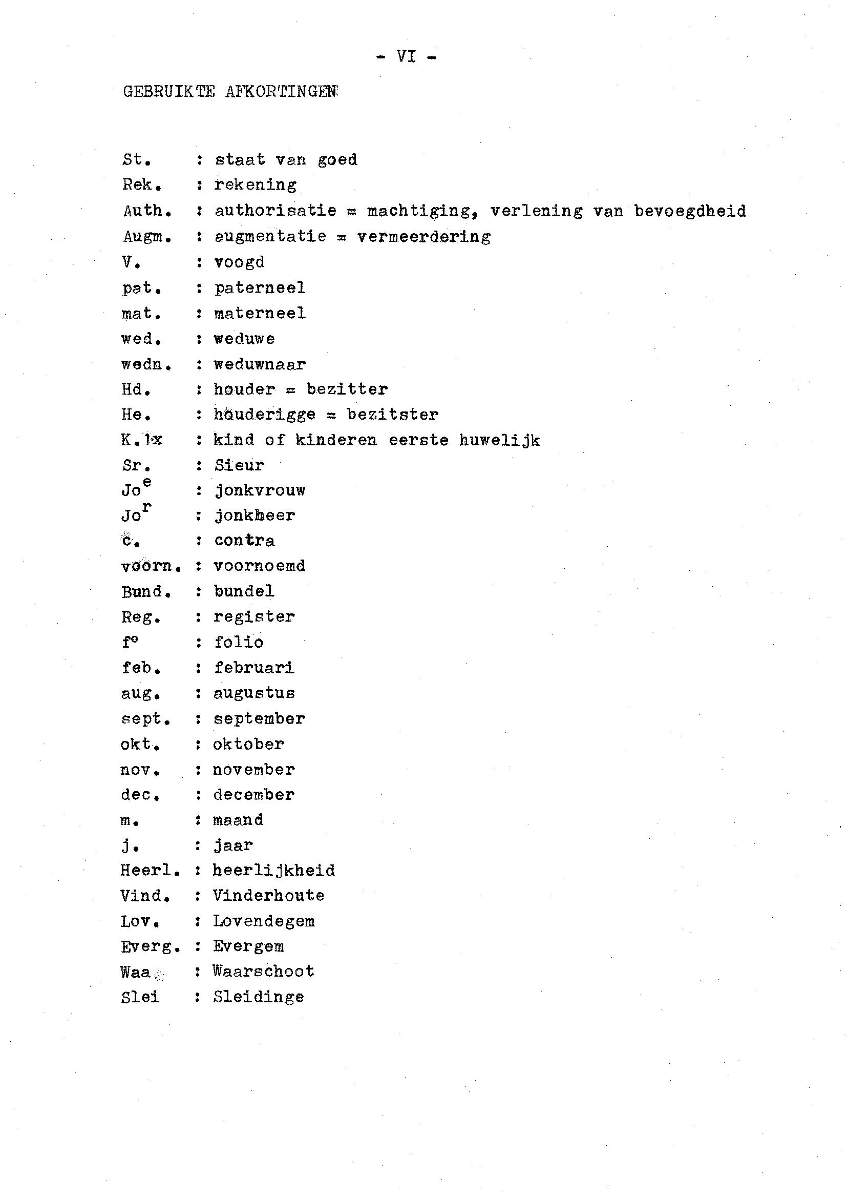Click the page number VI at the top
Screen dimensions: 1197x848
click(406, 56)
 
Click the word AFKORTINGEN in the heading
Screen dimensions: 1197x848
click(282, 92)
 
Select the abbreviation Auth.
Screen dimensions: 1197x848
click(147, 211)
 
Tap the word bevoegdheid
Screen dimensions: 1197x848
click(690, 211)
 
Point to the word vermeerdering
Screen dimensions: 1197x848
click(423, 237)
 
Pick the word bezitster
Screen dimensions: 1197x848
click(393, 415)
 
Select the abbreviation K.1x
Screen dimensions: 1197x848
click(141, 440)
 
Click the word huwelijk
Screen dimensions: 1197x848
click(500, 441)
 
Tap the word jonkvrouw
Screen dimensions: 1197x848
click(260, 490)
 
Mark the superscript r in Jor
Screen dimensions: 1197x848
click(147, 507)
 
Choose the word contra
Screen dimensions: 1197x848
click(244, 541)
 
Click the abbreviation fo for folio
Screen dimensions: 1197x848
click(130, 642)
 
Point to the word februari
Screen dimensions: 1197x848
click(255, 668)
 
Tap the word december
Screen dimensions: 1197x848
click(254, 795)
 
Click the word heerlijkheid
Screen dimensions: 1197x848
click(273, 871)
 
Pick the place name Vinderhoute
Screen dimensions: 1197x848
click(268, 896)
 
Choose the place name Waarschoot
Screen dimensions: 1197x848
click(263, 972)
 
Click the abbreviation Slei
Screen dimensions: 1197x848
click(140, 997)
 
